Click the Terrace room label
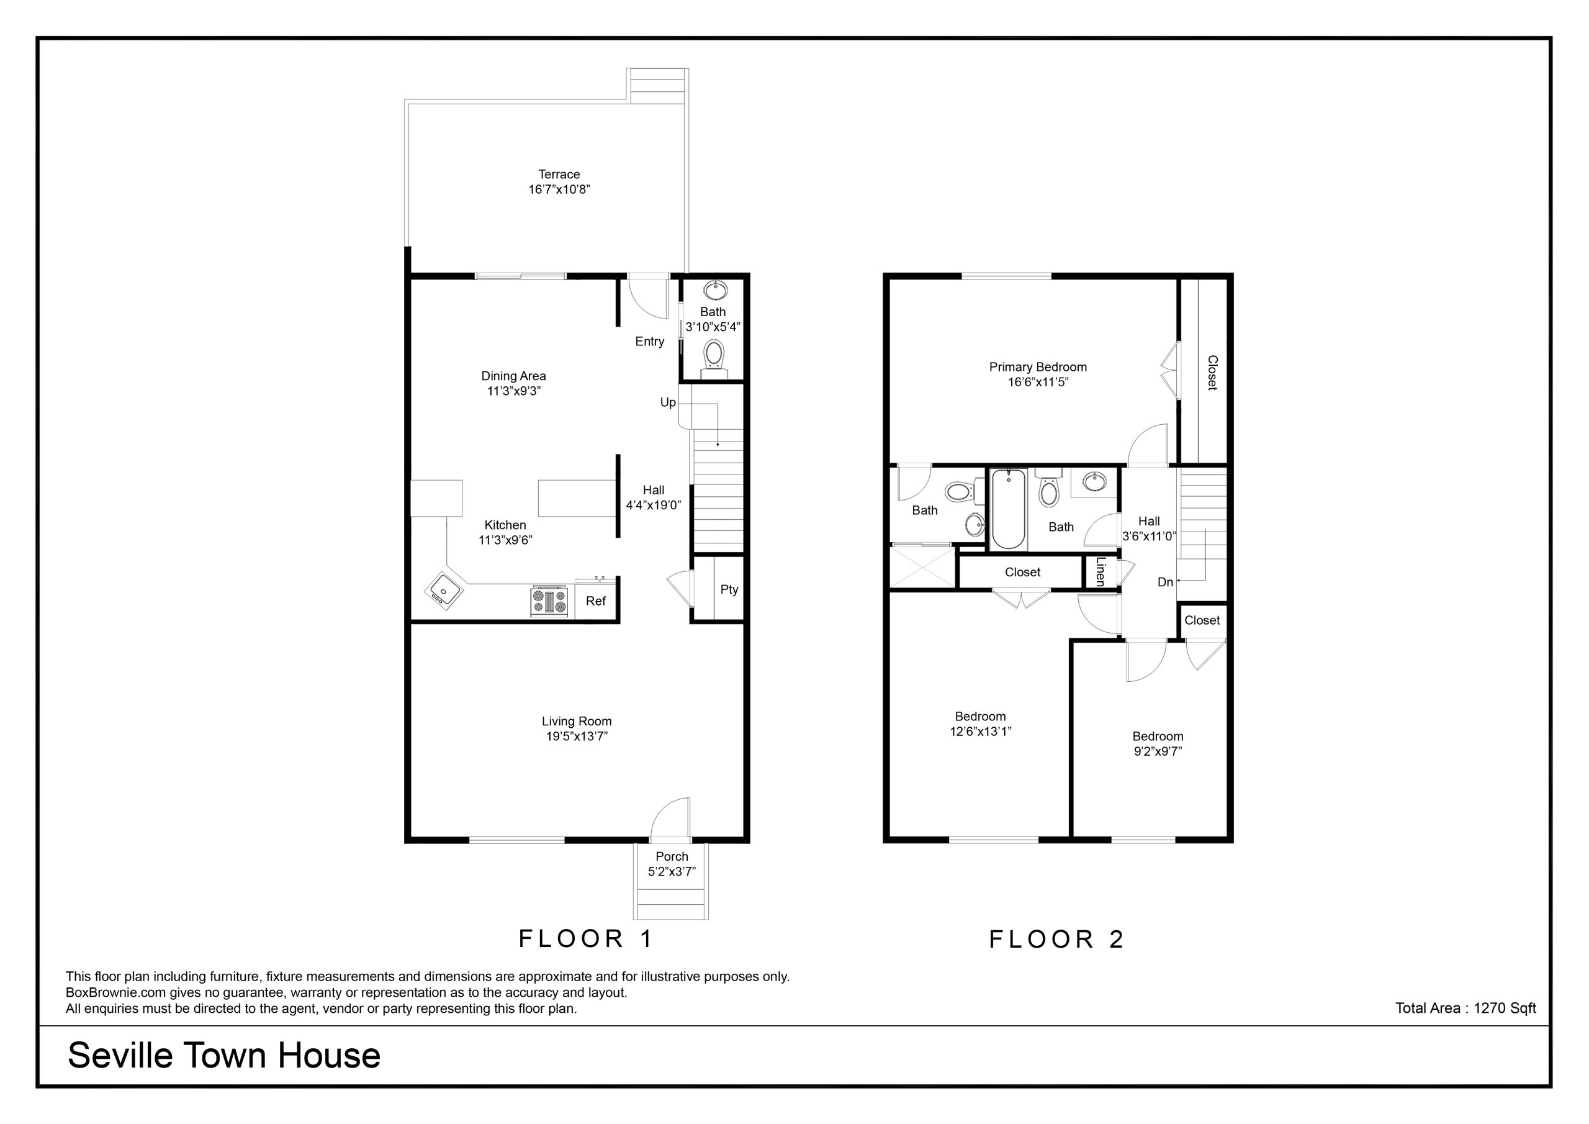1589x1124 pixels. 559,174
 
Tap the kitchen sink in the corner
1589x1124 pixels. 442,591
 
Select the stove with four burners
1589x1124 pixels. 549,601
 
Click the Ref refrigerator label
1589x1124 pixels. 595,601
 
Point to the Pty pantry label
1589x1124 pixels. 729,589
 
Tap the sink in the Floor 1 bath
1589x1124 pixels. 713,289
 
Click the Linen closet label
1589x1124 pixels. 1101,572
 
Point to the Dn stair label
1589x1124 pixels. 1165,582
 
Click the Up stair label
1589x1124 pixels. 668,402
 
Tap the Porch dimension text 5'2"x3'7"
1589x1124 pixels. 672,872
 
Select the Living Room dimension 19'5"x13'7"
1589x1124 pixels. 577,736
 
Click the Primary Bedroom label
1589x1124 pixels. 1038,367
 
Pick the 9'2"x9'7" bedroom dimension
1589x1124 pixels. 1158,751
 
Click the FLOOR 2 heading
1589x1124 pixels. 1057,939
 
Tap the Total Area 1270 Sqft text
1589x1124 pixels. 1466,1008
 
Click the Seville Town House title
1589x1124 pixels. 224,1056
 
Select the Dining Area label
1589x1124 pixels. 513,376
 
